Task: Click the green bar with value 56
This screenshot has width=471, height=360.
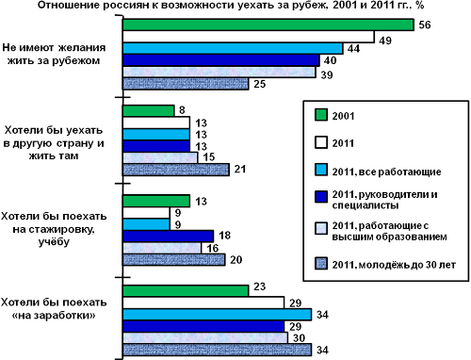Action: (x=268, y=25)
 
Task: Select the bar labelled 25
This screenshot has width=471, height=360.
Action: (x=186, y=84)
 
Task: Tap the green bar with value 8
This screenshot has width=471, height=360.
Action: (x=148, y=110)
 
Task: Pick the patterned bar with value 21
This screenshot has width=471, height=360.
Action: (x=176, y=170)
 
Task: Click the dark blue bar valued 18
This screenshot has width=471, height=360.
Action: (x=168, y=237)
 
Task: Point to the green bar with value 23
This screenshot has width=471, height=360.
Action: (x=186, y=290)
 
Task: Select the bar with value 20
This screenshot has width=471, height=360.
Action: (x=174, y=260)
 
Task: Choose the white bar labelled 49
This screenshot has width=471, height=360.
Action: (x=249, y=37)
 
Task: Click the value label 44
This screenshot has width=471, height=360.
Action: (x=353, y=49)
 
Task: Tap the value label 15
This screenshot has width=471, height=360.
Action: (x=209, y=156)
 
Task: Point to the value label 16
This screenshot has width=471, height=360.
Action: (x=212, y=248)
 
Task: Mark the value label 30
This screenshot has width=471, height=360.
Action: (x=299, y=338)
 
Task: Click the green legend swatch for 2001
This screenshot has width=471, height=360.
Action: (x=321, y=115)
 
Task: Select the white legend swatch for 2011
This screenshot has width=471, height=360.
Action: (x=321, y=142)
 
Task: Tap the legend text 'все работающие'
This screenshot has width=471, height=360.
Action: (x=399, y=172)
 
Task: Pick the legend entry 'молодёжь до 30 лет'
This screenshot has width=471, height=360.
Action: (x=394, y=265)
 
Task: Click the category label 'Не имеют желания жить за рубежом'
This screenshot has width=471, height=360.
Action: (x=54, y=54)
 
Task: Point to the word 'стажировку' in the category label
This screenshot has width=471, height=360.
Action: (x=54, y=230)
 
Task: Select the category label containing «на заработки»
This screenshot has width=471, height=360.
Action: (x=54, y=309)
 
